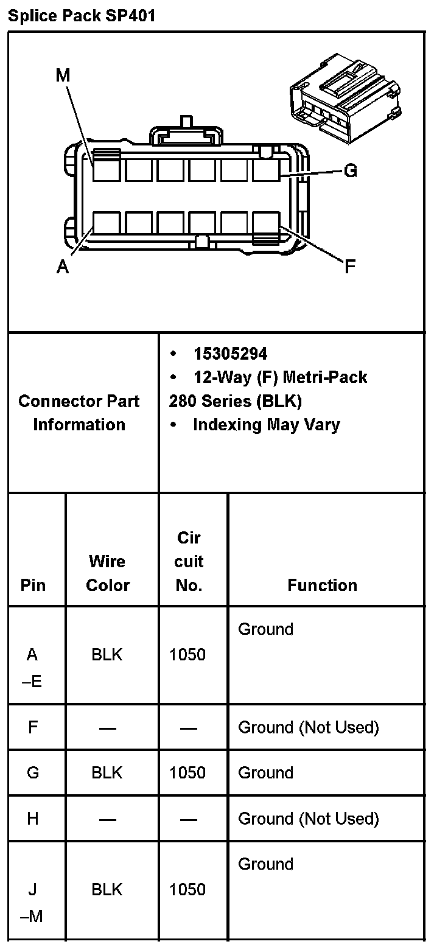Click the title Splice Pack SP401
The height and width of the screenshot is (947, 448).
tap(82, 15)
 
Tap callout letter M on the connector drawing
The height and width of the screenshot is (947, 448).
tap(63, 75)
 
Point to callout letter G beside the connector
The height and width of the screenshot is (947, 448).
tap(350, 171)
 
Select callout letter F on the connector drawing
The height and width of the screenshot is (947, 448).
tap(349, 266)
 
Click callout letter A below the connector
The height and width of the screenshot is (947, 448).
tap(63, 267)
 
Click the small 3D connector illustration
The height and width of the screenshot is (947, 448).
tap(345, 97)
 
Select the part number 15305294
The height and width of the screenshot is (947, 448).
tap(230, 354)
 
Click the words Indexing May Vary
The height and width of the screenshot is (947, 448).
tap(266, 424)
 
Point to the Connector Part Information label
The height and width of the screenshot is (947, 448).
tap(79, 413)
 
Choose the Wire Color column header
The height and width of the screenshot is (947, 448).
tap(108, 573)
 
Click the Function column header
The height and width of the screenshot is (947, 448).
tap(322, 585)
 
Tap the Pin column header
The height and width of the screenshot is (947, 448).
tap(33, 585)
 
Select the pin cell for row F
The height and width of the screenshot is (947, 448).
tap(33, 727)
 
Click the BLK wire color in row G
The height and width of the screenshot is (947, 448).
tap(107, 772)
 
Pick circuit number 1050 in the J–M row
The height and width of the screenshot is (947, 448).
tap(187, 889)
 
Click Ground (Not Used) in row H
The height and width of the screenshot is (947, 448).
tap(308, 819)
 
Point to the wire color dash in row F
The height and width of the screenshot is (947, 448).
tap(108, 728)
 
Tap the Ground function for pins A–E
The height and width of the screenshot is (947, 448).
tap(265, 629)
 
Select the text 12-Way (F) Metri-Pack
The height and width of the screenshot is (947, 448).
tap(280, 377)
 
